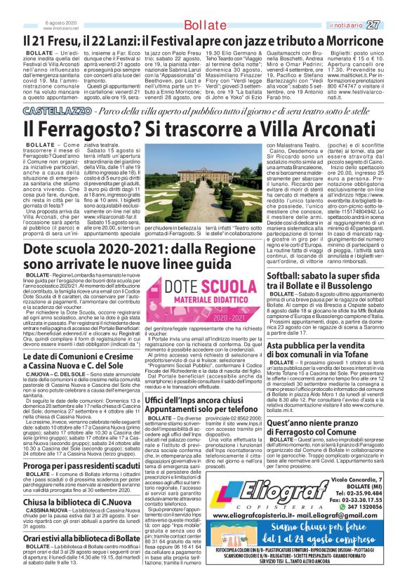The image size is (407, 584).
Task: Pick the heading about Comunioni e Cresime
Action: (81, 361)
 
